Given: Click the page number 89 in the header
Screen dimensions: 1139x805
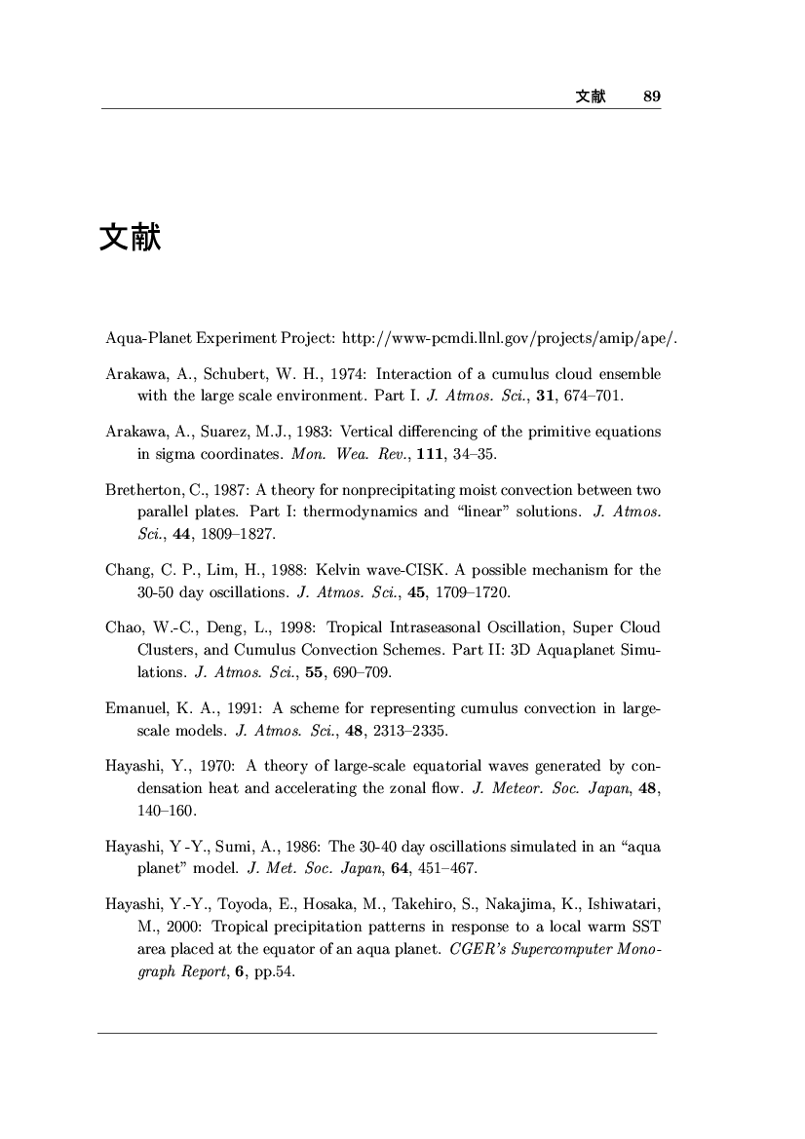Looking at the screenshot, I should (x=652, y=96).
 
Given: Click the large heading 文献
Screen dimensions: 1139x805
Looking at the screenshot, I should (x=130, y=237).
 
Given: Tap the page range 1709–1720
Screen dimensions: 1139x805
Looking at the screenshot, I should (x=479, y=592).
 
